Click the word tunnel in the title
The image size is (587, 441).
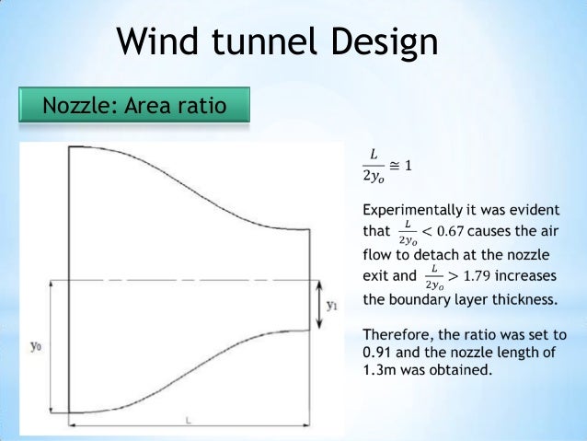click(x=270, y=42)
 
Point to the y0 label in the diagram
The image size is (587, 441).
click(x=36, y=346)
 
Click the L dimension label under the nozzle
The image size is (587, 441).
click(x=188, y=422)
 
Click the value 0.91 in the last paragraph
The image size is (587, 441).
click(x=380, y=353)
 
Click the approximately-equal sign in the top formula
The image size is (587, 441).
click(x=393, y=166)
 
